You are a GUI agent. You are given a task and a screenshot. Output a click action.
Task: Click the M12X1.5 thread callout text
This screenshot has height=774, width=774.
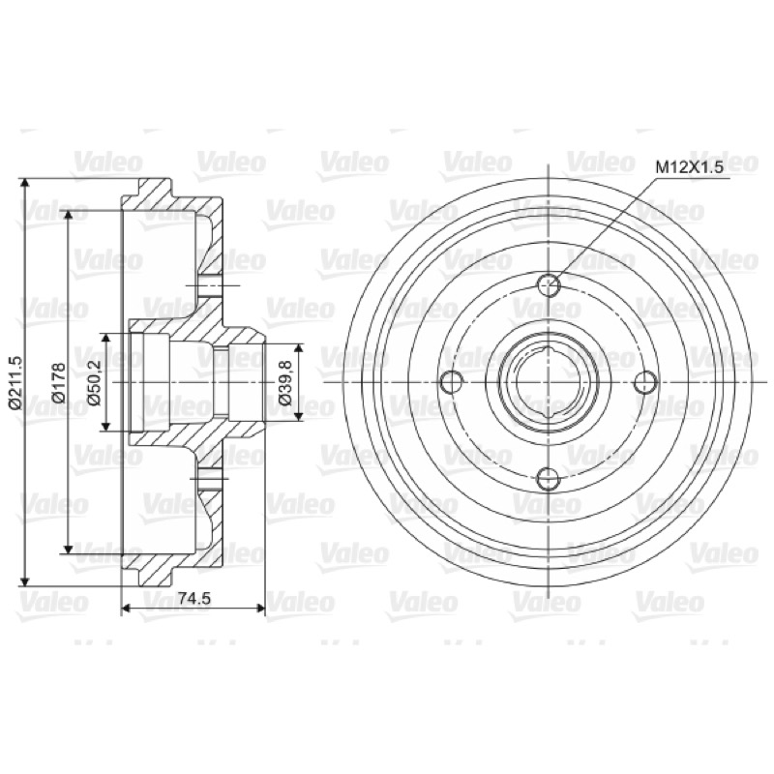click(x=689, y=167)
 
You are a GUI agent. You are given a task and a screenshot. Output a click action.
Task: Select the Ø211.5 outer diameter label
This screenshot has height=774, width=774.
click(x=15, y=382)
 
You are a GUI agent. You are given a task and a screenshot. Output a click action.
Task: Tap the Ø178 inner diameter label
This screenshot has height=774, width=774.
click(x=59, y=382)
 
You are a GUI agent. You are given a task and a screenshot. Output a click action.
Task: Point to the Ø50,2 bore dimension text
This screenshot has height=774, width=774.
click(x=94, y=382)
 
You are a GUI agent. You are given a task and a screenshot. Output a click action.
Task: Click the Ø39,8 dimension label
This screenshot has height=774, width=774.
click(x=285, y=382)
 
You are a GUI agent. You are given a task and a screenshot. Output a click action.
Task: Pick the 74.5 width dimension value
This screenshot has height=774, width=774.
click(x=194, y=598)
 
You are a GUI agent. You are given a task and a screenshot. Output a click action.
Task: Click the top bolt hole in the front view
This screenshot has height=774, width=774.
click(x=549, y=284)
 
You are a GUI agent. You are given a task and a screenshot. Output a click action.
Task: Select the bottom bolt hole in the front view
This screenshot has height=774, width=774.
click(x=549, y=478)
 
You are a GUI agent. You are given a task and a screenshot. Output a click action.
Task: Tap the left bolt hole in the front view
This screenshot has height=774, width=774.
click(x=451, y=382)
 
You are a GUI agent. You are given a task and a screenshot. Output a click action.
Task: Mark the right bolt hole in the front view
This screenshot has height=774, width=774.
click(x=645, y=382)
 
